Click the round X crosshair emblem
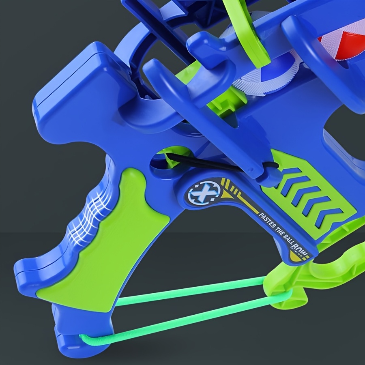(x=201, y=191)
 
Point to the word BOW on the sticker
(x=299, y=249)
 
